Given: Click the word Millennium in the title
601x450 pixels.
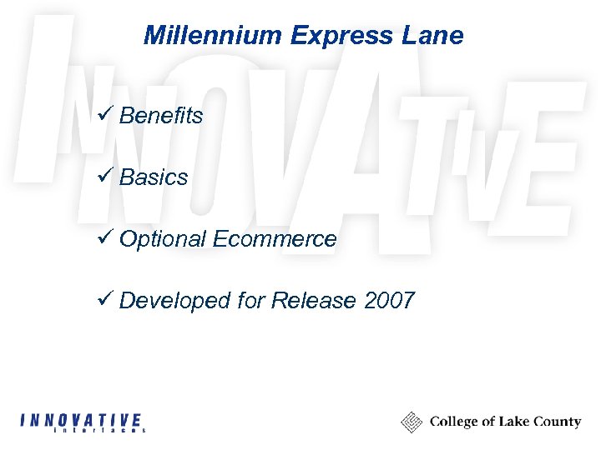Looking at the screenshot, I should point(213,35).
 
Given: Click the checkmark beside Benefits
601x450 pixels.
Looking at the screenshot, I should point(105,114).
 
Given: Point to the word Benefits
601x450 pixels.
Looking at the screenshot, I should point(161,116).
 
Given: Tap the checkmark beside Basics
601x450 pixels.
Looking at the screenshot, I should point(105,176).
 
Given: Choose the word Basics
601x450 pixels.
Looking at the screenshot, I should point(154,177).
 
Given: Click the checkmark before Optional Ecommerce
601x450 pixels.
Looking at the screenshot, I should point(105,237).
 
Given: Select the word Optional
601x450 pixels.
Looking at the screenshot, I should point(163,240).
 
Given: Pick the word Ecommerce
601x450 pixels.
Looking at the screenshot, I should point(275,240).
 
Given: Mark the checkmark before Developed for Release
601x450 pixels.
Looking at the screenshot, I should point(105,299).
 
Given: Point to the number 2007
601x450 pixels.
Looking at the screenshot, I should point(389,301).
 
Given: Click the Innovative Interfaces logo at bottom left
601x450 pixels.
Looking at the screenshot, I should point(82,422).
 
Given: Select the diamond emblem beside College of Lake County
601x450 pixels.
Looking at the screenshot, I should point(412,422).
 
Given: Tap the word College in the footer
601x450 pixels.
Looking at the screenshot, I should point(455,422).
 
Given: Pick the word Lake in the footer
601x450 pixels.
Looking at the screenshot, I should point(512,422).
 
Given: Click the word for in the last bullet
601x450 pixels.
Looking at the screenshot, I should point(251,301).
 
